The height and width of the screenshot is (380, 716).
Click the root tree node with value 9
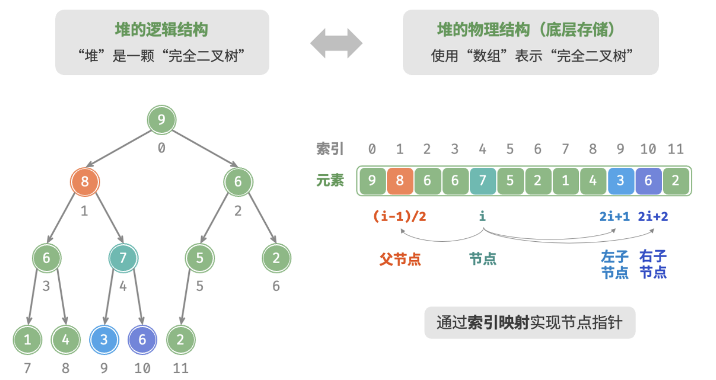point(161,119)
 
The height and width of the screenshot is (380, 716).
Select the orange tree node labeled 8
point(85,182)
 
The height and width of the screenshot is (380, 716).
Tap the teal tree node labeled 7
point(123,258)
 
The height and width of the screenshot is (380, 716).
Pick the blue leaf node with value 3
point(104,340)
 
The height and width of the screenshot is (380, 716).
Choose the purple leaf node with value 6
point(142,340)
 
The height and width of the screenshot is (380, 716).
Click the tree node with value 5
point(200,258)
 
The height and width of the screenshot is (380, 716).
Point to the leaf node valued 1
point(27,340)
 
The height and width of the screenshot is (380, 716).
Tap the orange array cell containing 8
point(400,181)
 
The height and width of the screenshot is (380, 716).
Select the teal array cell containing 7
point(483,181)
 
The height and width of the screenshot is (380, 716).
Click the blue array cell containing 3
point(621,181)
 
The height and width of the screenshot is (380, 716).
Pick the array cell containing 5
point(510,181)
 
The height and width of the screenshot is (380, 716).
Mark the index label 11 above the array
point(676,149)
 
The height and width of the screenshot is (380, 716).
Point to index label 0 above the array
point(372,149)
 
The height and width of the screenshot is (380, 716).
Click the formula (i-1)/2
point(399,217)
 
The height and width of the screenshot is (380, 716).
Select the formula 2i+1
point(614,217)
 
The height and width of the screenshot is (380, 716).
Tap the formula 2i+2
point(653,217)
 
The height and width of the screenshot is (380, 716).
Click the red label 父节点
point(400,259)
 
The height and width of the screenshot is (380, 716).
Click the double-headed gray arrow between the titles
point(336,43)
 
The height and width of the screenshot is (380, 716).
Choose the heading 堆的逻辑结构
point(161,30)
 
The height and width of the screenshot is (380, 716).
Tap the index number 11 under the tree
point(180,369)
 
